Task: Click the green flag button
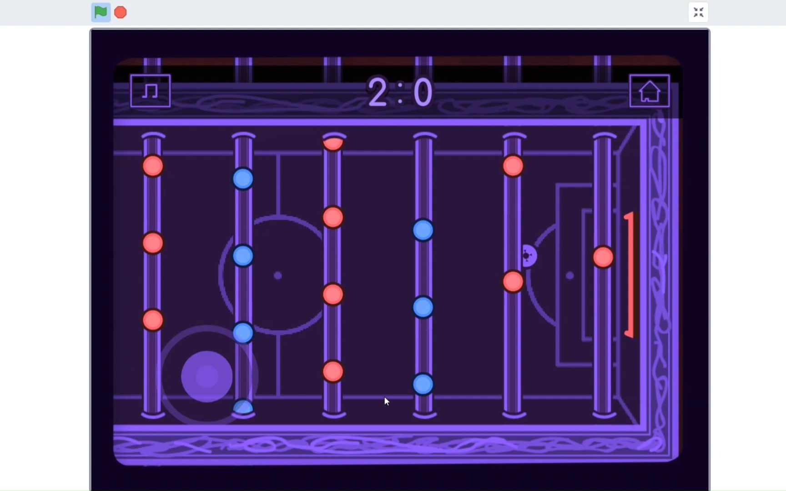click(101, 12)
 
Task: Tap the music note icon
click(150, 91)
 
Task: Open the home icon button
click(649, 91)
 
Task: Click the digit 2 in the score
click(378, 92)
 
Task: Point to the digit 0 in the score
click(423, 92)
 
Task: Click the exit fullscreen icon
click(698, 12)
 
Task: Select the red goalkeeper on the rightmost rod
click(603, 257)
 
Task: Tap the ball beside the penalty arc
click(529, 256)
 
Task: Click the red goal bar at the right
click(630, 275)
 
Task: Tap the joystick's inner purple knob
click(207, 376)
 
